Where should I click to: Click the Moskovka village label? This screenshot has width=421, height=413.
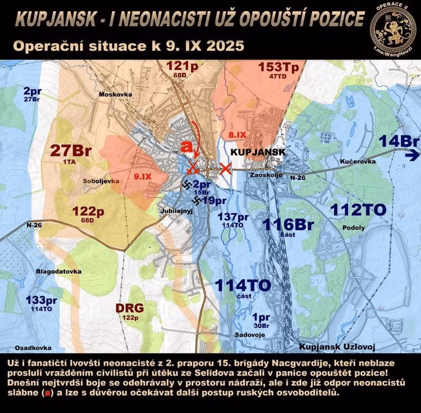(x=115, y=94)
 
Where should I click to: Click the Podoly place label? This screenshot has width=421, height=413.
(x=356, y=228)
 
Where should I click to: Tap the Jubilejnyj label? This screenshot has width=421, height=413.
(x=176, y=212)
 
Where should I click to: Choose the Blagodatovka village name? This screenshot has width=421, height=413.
(x=59, y=271)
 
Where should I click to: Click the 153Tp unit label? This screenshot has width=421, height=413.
(x=278, y=66)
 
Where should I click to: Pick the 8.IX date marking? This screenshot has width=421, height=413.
(x=237, y=135)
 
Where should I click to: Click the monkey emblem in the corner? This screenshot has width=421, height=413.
(x=392, y=25)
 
